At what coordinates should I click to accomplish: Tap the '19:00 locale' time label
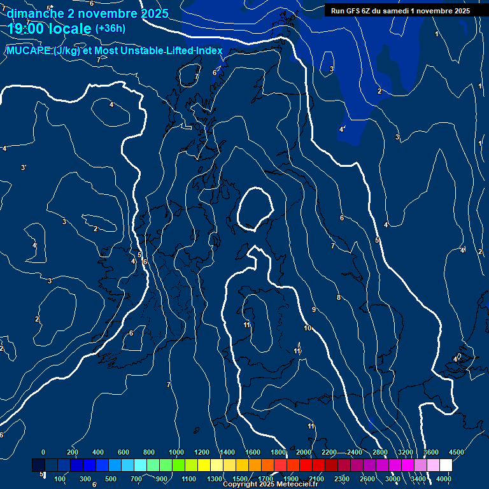tap(50, 29)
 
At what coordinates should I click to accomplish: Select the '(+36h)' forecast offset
tap(110, 29)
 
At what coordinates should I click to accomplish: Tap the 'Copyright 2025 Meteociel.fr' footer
tap(270, 485)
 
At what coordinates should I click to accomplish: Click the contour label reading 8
tap(339, 297)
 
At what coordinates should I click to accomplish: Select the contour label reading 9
tap(314, 309)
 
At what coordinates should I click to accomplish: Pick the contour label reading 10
tap(308, 328)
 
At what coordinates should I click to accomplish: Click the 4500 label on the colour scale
tap(457, 451)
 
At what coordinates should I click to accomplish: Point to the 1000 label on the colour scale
tap(176, 451)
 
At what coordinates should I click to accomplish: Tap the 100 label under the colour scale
tap(60, 478)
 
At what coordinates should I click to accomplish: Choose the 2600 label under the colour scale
tap(367, 478)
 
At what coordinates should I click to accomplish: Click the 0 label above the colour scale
tap(43, 451)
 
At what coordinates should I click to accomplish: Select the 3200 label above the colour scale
tap(406, 451)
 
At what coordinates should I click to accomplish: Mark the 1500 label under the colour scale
tap(240, 478)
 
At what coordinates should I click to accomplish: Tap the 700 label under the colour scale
tap(136, 478)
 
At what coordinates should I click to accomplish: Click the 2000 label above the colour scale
tap(304, 451)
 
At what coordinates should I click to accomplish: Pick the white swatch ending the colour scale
tap(446, 465)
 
